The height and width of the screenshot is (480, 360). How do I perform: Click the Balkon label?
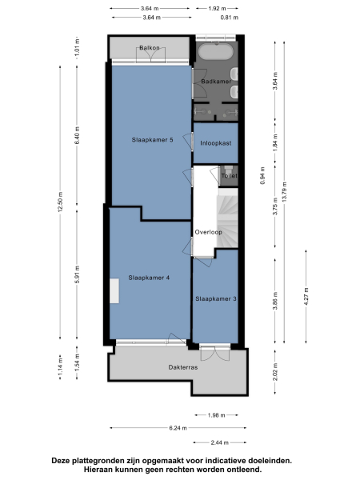click(x=150, y=49)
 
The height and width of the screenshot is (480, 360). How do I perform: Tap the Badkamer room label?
click(x=215, y=82)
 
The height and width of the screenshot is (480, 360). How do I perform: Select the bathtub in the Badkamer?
click(x=215, y=53)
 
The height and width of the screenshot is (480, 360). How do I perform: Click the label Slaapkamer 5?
click(x=152, y=140)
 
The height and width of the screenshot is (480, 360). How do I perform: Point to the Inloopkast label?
click(x=216, y=143)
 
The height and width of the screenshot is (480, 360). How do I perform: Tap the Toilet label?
click(x=229, y=175)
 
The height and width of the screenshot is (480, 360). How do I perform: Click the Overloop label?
click(x=208, y=232)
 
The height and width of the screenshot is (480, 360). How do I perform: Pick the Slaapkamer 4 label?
click(x=149, y=278)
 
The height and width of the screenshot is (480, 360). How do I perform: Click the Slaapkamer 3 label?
click(x=215, y=299)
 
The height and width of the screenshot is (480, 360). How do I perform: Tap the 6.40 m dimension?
click(x=77, y=137)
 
